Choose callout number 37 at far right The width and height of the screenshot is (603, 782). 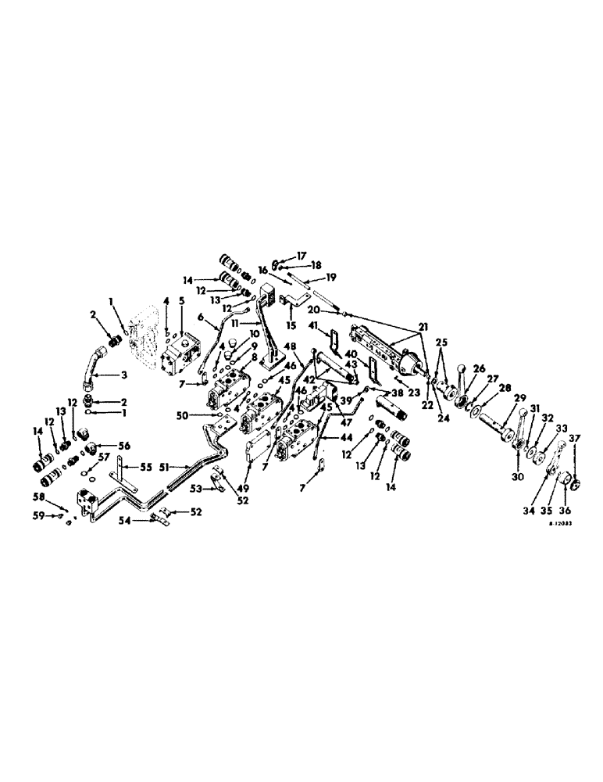[x=576, y=437]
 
